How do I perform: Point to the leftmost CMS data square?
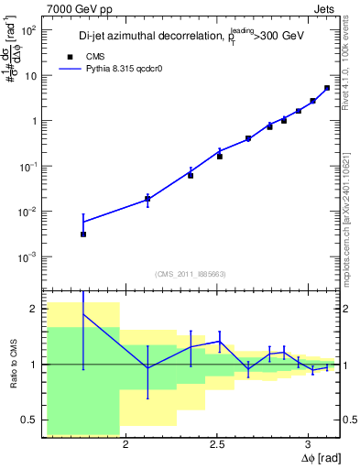tap(83, 234)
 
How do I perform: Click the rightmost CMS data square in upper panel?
tap(327, 89)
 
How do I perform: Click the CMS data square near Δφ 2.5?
tap(220, 157)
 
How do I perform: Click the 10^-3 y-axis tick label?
tap(28, 256)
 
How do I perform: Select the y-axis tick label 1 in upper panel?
tap(35, 121)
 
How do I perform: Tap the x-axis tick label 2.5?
tap(217, 446)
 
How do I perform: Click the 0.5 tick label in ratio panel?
tap(30, 420)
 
